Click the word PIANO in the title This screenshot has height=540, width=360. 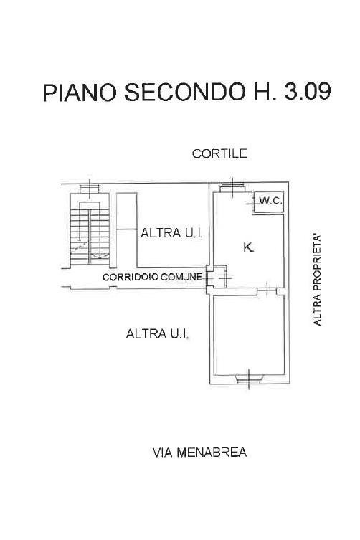point(80,92)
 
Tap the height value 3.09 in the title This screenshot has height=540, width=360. point(308,91)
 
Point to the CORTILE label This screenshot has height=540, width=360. point(219,153)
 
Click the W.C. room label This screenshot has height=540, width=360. point(271,201)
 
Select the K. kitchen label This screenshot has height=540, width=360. point(248,247)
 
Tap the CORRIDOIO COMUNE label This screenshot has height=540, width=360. point(152,277)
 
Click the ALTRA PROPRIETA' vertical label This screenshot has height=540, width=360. point(317,280)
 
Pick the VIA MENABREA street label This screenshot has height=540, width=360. point(199,453)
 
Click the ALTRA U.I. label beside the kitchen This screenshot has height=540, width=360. point(171,233)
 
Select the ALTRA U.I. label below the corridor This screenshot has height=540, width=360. point(158,333)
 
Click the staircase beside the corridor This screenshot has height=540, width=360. point(90,230)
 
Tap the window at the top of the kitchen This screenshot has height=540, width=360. point(232,188)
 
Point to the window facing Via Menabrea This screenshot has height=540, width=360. point(249,379)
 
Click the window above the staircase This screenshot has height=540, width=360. point(90,189)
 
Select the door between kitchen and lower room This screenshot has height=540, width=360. point(267,291)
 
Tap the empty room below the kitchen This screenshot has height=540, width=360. point(249,335)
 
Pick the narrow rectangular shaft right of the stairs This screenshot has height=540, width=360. point(126,230)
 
